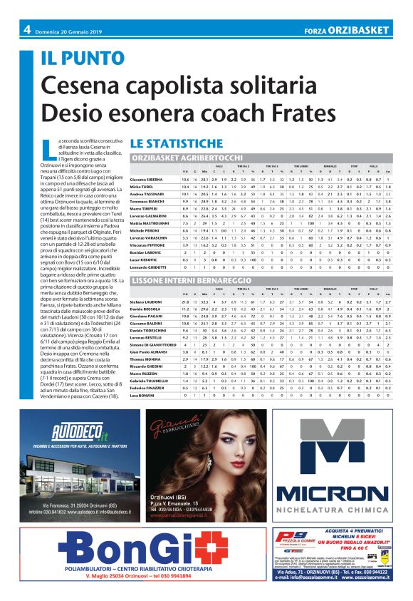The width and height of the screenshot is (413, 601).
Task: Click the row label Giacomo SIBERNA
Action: pyautogui.click(x=147, y=178)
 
